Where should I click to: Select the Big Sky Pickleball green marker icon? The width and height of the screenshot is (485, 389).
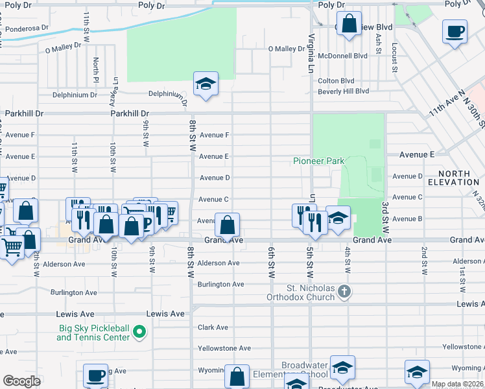click(x=139, y=333)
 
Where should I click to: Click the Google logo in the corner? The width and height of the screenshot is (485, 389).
click(x=21, y=381)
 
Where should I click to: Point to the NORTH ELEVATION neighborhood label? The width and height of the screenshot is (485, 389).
click(x=458, y=178)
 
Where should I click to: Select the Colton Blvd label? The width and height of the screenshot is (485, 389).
click(x=336, y=81)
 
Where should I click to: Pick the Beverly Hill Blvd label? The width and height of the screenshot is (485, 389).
click(x=343, y=91)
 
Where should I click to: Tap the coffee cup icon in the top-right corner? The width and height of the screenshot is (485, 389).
click(x=455, y=32)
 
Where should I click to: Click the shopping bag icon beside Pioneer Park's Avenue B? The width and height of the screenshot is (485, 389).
click(x=228, y=226)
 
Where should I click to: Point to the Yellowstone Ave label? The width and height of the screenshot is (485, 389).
click(x=224, y=348)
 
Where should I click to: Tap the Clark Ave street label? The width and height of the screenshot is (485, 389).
click(x=213, y=327)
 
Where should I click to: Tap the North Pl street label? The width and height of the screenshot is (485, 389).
click(x=95, y=65)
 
